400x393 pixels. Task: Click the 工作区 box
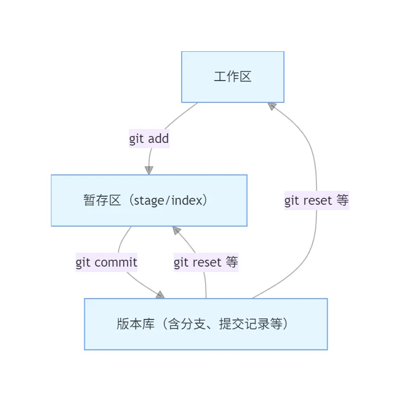point(233,77)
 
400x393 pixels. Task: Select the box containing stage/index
point(149,200)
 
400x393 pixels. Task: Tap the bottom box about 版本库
point(206,324)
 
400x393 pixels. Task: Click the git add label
point(149,139)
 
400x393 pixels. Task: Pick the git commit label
point(107,262)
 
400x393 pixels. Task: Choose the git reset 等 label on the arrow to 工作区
point(316,201)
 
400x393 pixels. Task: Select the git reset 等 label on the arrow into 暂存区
point(206,262)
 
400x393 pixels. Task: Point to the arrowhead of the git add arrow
point(149,170)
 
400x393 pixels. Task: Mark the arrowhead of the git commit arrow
point(160,294)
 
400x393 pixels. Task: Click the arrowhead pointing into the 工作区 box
point(272,106)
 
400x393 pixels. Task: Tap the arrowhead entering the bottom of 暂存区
point(176,230)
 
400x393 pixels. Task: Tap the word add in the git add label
point(158,139)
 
